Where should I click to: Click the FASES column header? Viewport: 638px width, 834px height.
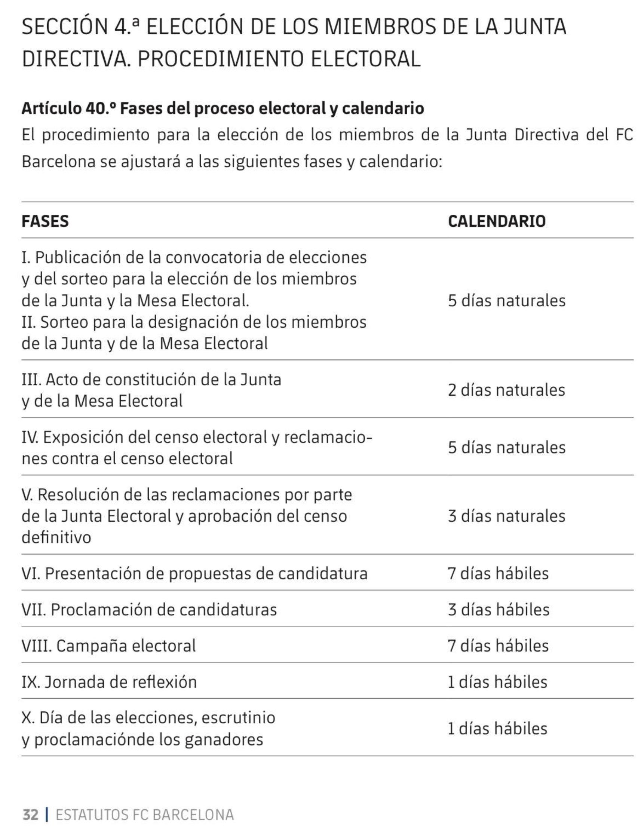tap(45, 221)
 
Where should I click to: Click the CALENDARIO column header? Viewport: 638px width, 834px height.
tap(497, 221)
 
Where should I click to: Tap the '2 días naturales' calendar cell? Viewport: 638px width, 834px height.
tap(506, 390)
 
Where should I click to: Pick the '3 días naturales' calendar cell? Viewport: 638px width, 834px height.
tap(506, 516)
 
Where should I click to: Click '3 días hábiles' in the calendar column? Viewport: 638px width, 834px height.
tap(498, 610)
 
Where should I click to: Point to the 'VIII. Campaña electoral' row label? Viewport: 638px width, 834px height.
tap(108, 646)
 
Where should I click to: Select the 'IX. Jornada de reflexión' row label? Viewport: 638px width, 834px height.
tap(109, 682)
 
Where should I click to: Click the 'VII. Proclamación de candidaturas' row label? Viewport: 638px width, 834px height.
tap(149, 610)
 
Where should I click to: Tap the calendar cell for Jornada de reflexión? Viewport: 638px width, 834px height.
tap(497, 682)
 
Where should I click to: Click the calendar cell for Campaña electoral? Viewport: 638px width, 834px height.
tap(498, 646)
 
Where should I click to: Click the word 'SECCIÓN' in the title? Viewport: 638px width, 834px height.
tap(65, 27)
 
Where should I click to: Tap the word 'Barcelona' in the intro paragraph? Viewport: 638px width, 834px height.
tap(58, 162)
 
